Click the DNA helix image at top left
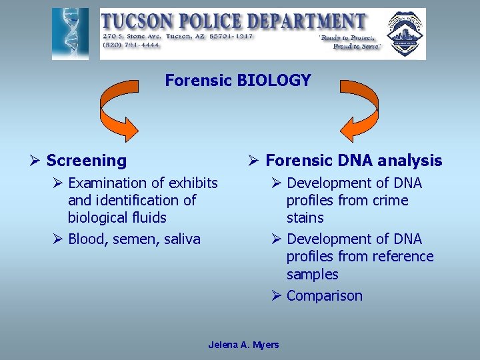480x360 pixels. coord(70,34)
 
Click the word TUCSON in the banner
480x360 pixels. coord(137,21)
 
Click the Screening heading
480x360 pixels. coord(87,161)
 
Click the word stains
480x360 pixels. coord(305,218)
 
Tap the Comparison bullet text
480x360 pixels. coord(325,296)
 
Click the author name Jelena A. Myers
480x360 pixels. coord(243,345)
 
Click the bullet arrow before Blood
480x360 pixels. coord(59,239)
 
